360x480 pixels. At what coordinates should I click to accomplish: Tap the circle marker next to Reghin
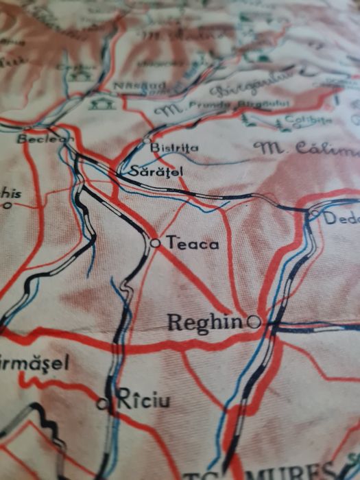click(x=254, y=320)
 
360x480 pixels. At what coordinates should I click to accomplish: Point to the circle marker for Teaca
click(x=155, y=242)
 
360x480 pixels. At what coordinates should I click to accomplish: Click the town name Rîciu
click(x=144, y=399)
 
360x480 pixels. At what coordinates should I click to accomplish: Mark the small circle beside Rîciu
click(x=103, y=404)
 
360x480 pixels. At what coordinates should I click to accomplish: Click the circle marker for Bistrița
click(x=146, y=141)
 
